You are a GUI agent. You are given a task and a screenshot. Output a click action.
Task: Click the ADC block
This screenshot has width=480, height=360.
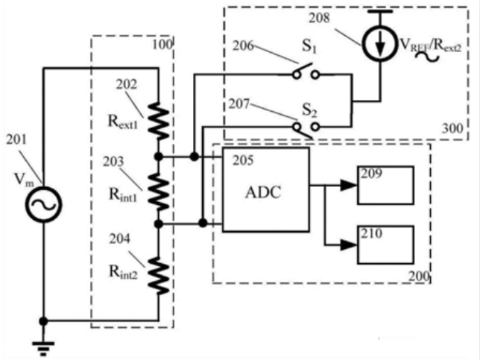tap(265, 189)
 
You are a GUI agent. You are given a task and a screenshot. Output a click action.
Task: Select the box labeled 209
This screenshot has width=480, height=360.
tap(385, 185)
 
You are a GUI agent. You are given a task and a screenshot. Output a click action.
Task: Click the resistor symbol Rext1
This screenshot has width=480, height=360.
tap(159, 121)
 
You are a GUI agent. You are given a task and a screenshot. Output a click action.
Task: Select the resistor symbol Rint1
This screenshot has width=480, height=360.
tap(159, 190)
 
